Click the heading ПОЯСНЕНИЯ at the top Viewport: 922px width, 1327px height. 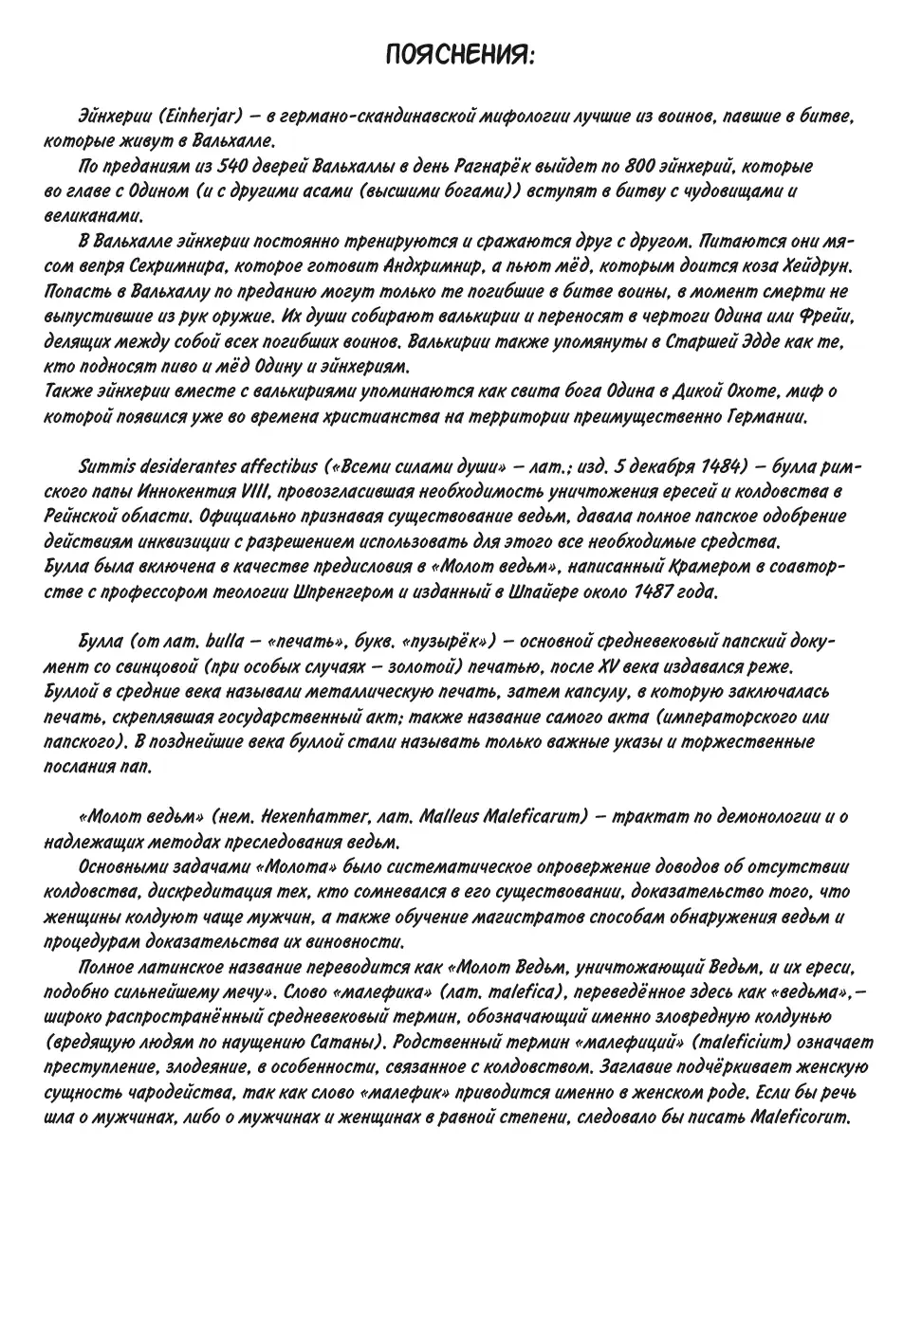[460, 56]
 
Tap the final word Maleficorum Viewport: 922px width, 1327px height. [803, 1117]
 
